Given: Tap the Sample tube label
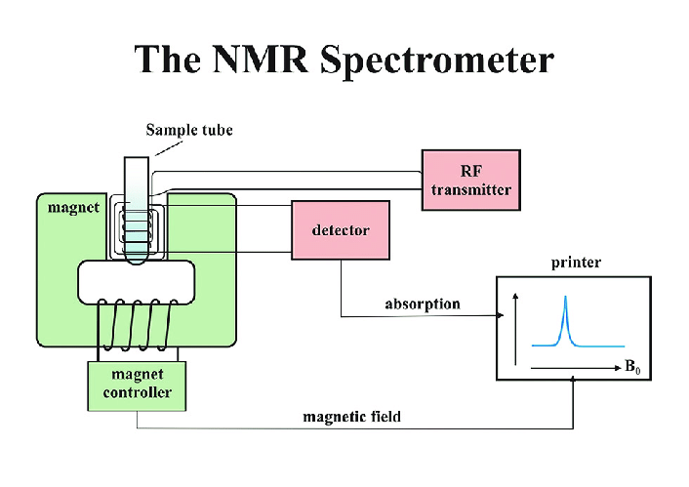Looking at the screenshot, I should [x=189, y=130].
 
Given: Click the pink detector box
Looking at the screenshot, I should [x=341, y=231].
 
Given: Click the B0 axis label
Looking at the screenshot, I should [x=635, y=368].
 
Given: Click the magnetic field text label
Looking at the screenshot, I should [x=351, y=417].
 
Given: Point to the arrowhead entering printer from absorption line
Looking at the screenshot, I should [x=500, y=315].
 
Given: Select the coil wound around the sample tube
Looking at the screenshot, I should [x=138, y=230].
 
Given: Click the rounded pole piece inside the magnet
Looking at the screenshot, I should [x=137, y=280].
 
